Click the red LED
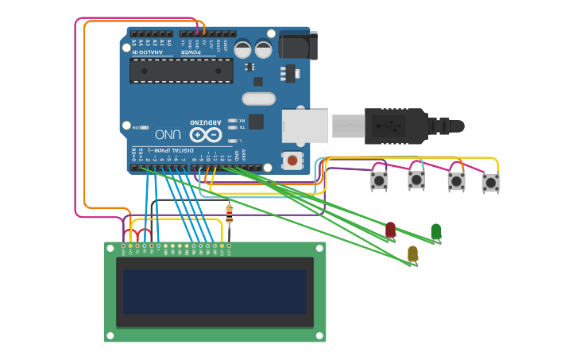(390, 230)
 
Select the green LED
(435, 231)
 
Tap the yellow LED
(412, 254)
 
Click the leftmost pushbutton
(379, 181)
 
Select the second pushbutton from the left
(416, 180)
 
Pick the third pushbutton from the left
(456, 181)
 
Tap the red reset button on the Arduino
(292, 161)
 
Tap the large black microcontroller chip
(181, 70)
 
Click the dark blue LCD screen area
(215, 291)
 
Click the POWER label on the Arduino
(193, 52)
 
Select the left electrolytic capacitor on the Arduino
(243, 49)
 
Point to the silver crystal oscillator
(257, 99)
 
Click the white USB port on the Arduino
(305, 126)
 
